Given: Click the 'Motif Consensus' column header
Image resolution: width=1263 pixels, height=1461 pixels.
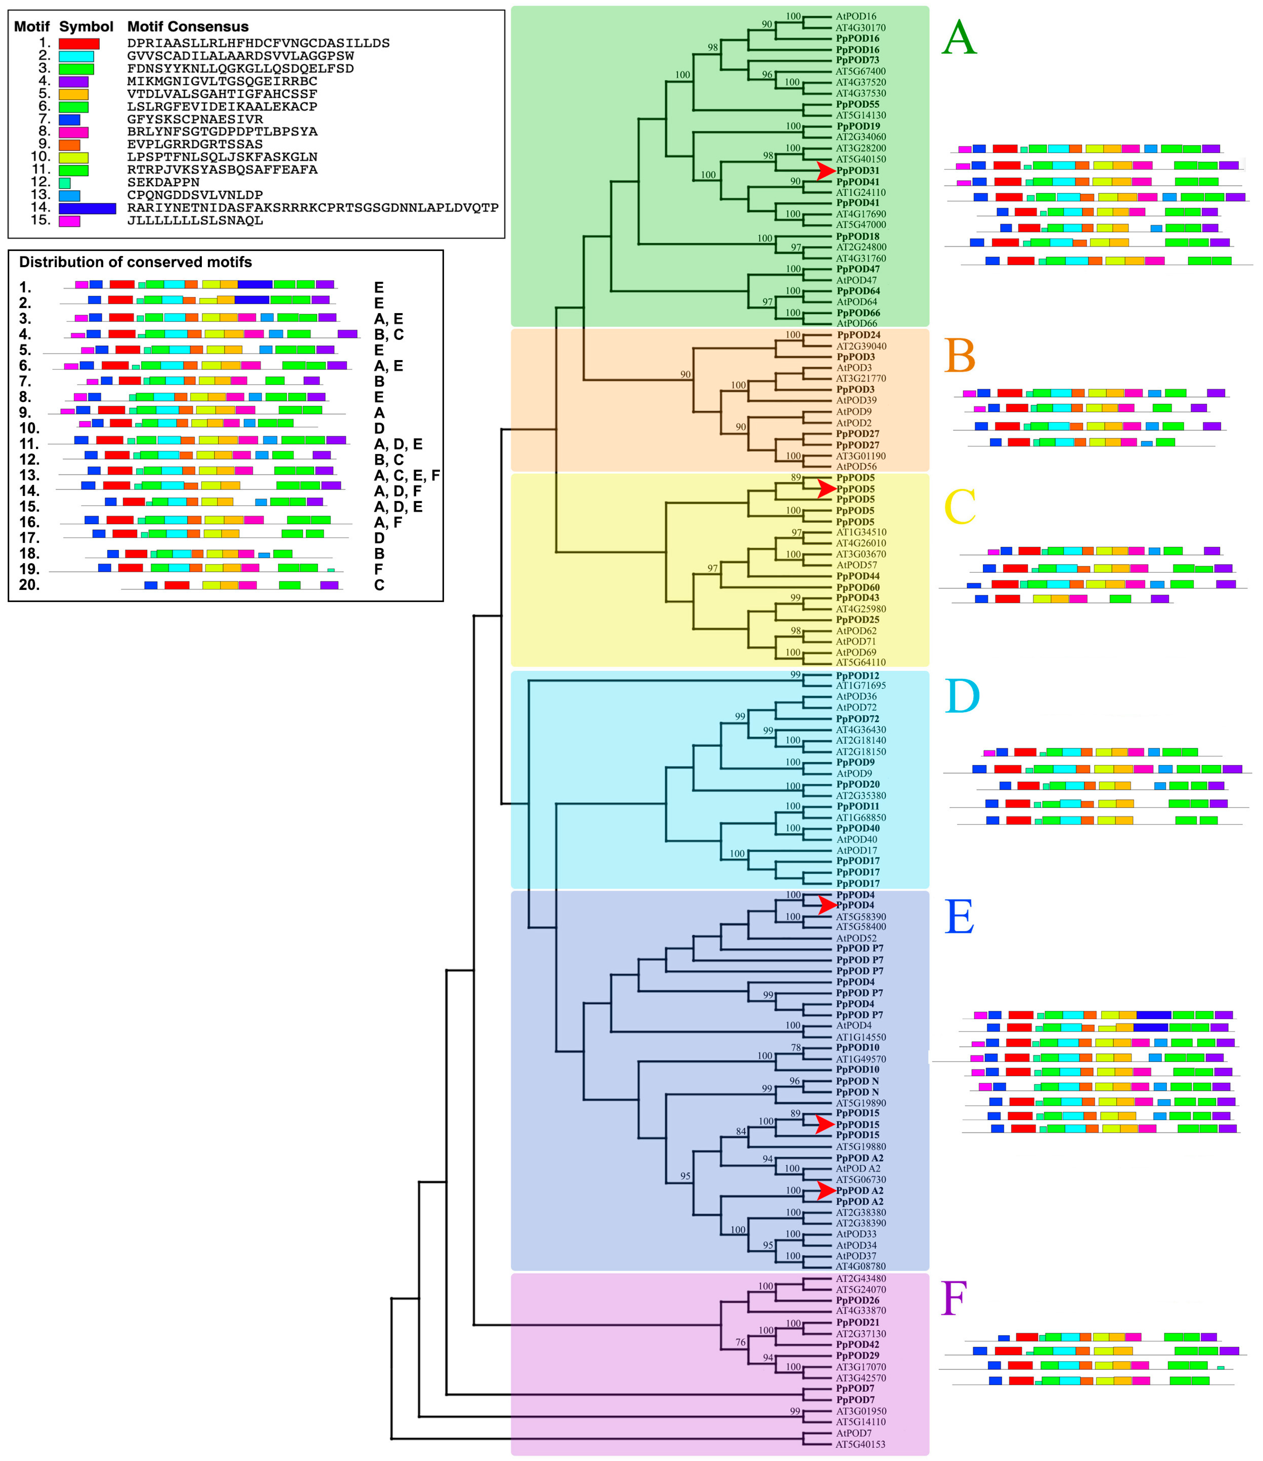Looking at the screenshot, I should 188,27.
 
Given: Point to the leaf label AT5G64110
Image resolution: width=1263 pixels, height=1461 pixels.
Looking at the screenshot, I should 860,662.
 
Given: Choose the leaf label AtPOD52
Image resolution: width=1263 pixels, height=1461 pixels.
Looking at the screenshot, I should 856,938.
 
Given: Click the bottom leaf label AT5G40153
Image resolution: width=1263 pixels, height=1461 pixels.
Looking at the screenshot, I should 860,1444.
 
